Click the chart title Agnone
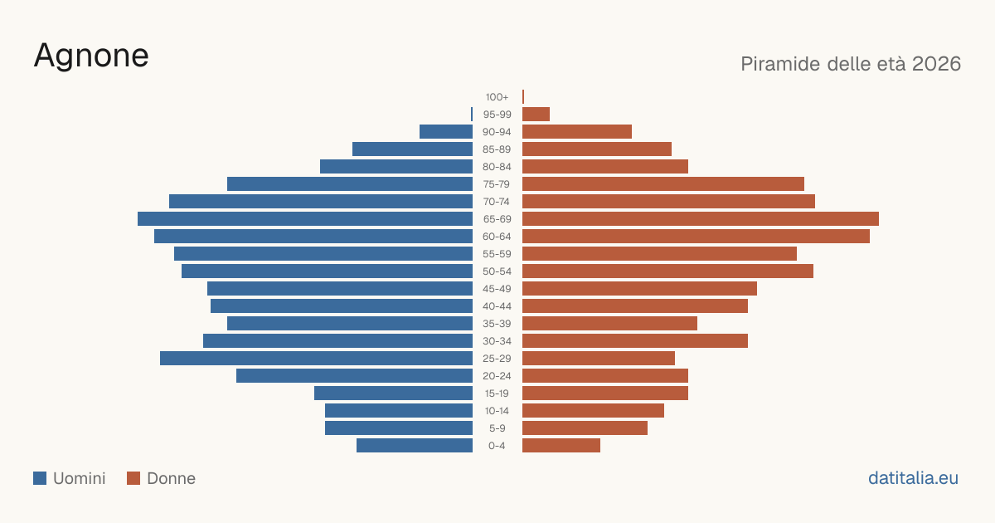[91, 56]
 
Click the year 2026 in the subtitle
[936, 64]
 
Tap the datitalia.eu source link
[913, 478]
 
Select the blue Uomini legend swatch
[40, 478]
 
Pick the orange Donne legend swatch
[133, 478]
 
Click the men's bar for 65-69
[305, 219]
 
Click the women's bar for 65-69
[701, 219]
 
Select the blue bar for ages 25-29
[316, 359]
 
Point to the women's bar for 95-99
[536, 115]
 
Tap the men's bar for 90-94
[446, 132]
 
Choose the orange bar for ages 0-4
[561, 446]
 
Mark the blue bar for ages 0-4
[415, 446]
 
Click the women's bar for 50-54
[667, 271]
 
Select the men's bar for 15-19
[394, 393]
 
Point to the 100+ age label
[497, 97]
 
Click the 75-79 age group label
[497, 184]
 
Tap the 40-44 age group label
[497, 306]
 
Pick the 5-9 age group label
[497, 428]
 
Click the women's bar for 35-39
[609, 323]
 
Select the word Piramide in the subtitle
[780, 64]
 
